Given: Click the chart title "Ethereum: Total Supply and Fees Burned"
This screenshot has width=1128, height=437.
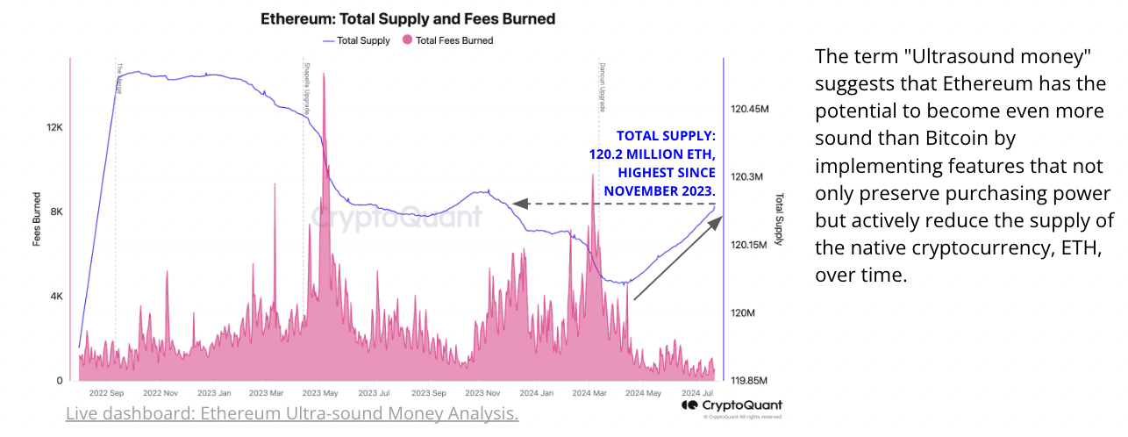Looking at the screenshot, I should (408, 18).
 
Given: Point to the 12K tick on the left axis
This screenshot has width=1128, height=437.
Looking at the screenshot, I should (54, 128).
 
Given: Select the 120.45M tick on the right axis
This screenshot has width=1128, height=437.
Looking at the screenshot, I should (749, 110).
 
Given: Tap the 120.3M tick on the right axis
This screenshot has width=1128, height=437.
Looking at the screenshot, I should (747, 177).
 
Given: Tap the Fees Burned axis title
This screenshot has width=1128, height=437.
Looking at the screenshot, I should (38, 218).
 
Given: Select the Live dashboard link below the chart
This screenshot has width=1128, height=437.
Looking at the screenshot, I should (292, 413).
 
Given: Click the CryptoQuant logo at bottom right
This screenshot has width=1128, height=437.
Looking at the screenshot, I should (732, 405).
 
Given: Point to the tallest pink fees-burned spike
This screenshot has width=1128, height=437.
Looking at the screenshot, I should (324, 75).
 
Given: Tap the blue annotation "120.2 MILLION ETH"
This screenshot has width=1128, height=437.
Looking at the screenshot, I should (653, 154).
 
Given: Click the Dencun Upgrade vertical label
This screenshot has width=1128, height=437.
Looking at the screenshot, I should (603, 86).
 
